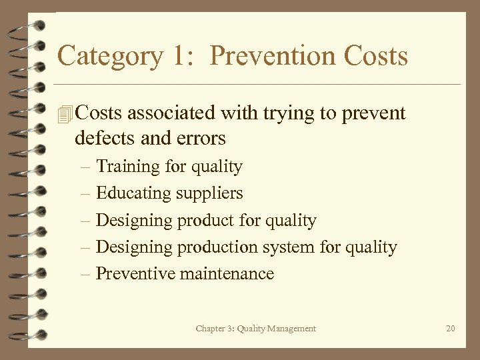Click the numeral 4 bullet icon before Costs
pos(64,114)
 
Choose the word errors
pos(203,138)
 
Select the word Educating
pos(133,193)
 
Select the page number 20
pos(450,328)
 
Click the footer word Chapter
pos(211,328)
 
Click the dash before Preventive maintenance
pos(86,273)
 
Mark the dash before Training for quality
pos(86,166)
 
